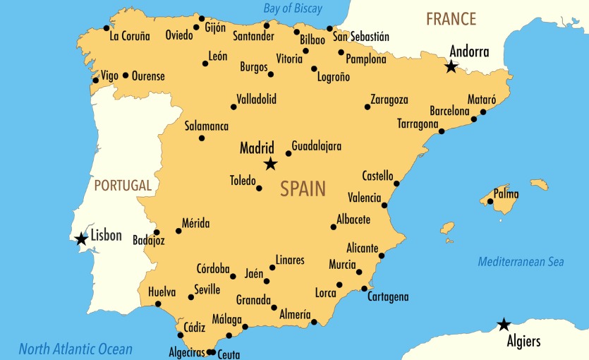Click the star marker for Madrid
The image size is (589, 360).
(x=270, y=164)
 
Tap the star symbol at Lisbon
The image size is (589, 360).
(x=82, y=239)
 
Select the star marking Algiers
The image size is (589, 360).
(x=504, y=325)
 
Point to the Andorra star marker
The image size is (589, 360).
(x=451, y=67)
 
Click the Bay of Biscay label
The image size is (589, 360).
(x=292, y=9)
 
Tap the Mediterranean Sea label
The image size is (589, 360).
(x=521, y=262)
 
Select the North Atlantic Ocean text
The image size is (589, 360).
(x=75, y=349)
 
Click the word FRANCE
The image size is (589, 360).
(x=451, y=19)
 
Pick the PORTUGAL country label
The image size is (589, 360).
(x=123, y=186)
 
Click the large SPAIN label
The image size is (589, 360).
(x=303, y=188)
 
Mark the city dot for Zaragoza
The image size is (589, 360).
(x=368, y=107)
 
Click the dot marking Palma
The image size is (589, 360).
(x=490, y=201)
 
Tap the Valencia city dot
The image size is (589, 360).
(x=384, y=205)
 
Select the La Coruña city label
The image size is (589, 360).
(x=130, y=35)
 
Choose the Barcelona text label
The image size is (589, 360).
(x=449, y=112)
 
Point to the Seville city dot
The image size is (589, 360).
(x=190, y=297)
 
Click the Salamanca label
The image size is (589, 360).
(x=207, y=126)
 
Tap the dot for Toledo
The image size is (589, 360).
(x=259, y=188)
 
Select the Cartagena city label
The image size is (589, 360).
(x=388, y=297)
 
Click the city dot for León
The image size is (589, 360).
(x=205, y=64)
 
